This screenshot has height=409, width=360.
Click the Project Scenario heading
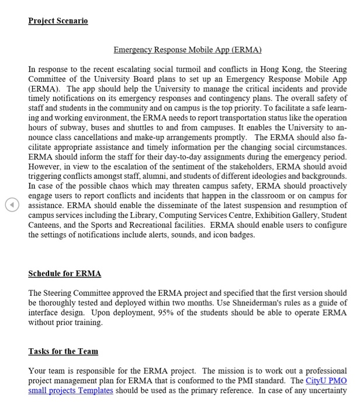pos(58,20)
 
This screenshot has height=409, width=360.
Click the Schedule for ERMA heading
pos(65,273)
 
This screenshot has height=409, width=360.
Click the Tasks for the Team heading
pos(63,351)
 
